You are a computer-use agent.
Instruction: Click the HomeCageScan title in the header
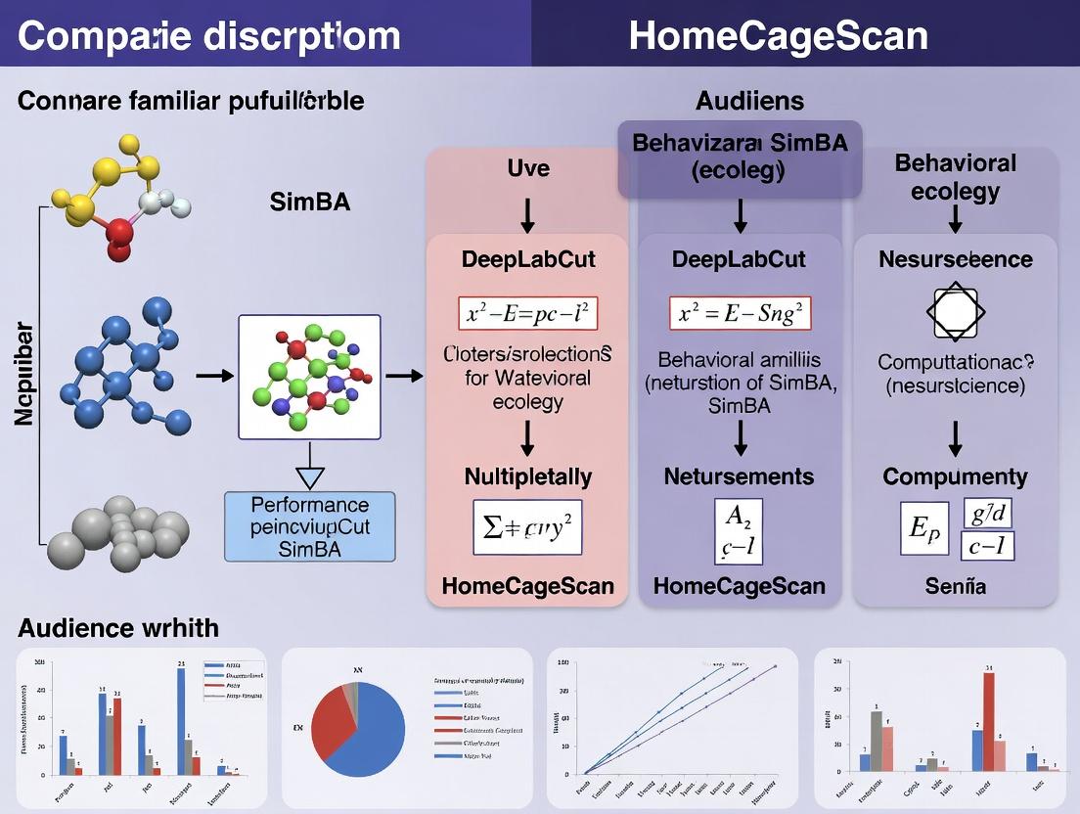click(x=778, y=36)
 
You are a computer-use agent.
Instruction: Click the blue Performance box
click(x=309, y=526)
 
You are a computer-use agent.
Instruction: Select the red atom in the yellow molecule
click(x=118, y=233)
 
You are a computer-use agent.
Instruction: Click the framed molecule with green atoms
click(x=309, y=377)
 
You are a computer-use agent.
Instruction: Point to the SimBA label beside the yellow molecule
click(x=309, y=203)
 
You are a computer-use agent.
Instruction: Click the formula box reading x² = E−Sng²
click(x=740, y=313)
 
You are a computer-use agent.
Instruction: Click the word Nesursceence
click(x=955, y=259)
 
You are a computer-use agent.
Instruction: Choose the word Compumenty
click(x=955, y=476)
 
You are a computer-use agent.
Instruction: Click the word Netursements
click(x=739, y=476)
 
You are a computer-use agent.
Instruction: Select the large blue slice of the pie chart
click(x=377, y=729)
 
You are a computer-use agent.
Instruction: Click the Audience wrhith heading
click(x=118, y=627)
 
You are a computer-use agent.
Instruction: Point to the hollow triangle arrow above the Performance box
click(x=309, y=476)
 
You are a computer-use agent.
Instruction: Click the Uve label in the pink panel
click(x=527, y=167)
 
